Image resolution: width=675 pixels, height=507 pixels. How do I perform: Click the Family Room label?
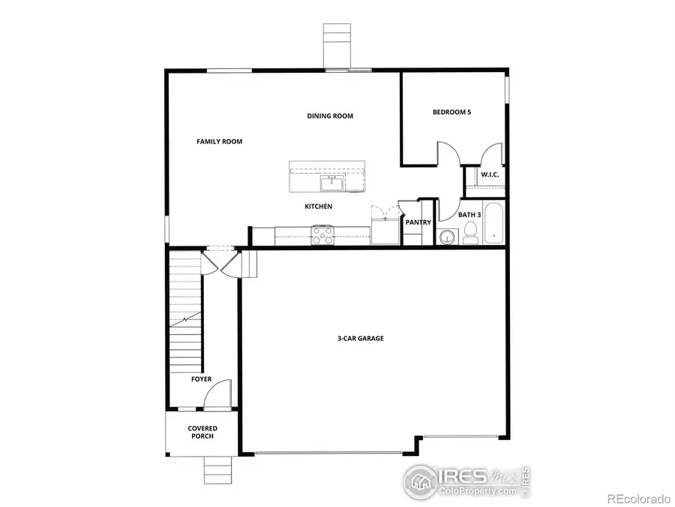(x=219, y=141)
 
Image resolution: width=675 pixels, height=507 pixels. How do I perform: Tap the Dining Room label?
(x=330, y=116)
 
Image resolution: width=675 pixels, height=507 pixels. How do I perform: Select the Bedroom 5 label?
(x=451, y=112)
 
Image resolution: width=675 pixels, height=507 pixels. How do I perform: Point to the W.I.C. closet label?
(x=490, y=174)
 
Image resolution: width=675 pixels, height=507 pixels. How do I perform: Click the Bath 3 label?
(x=469, y=215)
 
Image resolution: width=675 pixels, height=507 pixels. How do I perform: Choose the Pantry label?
(x=418, y=222)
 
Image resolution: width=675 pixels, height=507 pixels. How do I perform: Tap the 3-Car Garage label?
(x=360, y=339)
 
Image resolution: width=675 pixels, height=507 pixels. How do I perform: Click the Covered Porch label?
(x=202, y=432)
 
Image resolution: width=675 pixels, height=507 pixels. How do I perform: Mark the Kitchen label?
(x=318, y=206)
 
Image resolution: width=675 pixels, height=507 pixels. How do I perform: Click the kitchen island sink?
(x=330, y=183)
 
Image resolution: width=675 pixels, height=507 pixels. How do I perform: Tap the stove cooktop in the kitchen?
(x=322, y=237)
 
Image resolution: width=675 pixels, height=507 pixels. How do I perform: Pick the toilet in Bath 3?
(x=470, y=236)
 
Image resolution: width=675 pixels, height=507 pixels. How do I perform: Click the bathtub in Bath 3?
(x=495, y=223)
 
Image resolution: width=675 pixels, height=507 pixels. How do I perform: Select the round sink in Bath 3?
(x=447, y=237)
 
